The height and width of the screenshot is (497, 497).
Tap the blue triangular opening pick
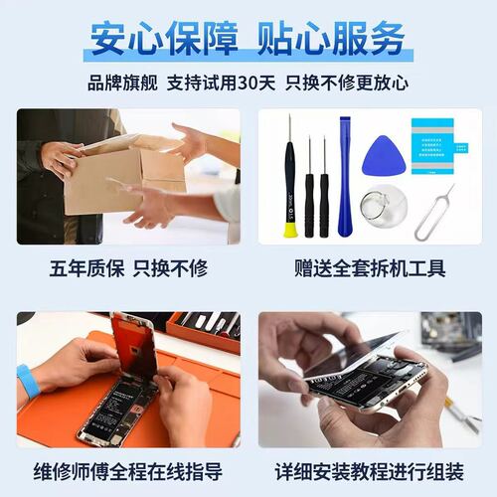click(x=385, y=156)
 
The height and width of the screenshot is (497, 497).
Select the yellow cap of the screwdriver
click(x=290, y=230)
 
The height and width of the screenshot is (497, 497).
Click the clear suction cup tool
click(x=384, y=207)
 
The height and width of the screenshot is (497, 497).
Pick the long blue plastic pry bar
click(x=345, y=176)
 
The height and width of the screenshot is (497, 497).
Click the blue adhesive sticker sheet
click(x=437, y=146)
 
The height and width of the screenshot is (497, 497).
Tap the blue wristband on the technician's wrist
click(x=29, y=381)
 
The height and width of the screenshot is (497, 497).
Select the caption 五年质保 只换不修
click(x=128, y=268)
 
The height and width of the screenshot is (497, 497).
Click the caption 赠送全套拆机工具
click(x=370, y=268)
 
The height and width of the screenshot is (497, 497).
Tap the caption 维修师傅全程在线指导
click(x=128, y=471)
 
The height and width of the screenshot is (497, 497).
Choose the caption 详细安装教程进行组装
click(x=370, y=471)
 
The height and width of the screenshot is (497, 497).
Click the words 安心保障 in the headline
click(x=164, y=39)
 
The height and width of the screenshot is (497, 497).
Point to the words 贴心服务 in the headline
click(x=331, y=39)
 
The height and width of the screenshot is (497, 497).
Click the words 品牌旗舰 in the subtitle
click(x=122, y=83)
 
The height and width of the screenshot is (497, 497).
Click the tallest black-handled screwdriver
click(x=290, y=176)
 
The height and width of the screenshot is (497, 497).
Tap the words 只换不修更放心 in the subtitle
click(x=347, y=83)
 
